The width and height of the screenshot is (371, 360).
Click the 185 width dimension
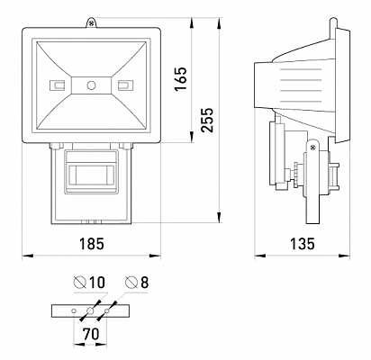[x=92, y=244]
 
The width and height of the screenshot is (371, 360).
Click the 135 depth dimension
[x=303, y=244]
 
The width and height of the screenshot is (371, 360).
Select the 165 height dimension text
[x=181, y=79]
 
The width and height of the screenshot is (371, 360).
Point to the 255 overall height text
[x=207, y=120]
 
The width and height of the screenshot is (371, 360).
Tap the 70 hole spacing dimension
[x=91, y=334]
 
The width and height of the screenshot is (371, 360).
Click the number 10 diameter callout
[x=97, y=283]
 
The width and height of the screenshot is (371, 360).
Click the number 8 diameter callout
[x=145, y=283]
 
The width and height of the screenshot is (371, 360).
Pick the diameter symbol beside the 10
[x=80, y=282]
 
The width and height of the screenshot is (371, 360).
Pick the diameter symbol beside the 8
[x=131, y=282]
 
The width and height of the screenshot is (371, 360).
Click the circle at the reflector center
[x=91, y=85]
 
